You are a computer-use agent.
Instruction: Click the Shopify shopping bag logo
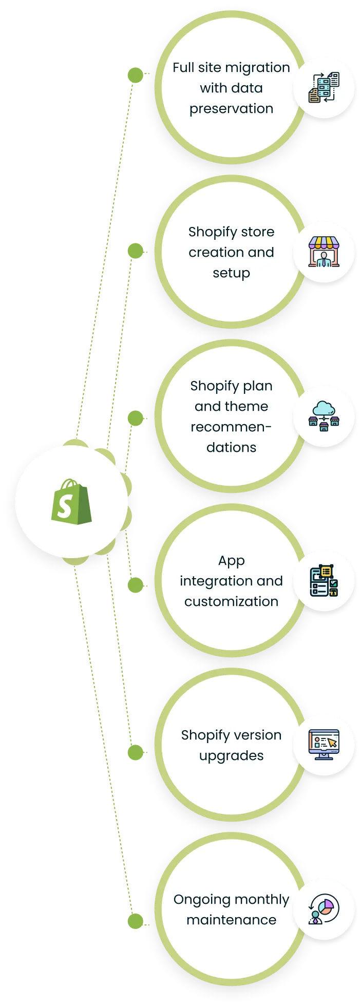coord(71,502)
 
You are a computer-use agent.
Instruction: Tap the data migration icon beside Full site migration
coord(324,87)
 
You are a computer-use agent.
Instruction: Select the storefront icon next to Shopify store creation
coord(324,252)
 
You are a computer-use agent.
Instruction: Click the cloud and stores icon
coord(324,416)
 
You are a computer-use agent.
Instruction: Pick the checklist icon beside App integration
coord(324,580)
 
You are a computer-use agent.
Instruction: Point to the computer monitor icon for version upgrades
coord(324,745)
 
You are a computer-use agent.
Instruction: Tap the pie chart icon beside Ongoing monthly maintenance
coord(324,909)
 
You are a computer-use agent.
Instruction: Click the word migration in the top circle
coord(257,68)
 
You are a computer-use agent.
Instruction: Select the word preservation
coord(231,109)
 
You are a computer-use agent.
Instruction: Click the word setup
coord(231,273)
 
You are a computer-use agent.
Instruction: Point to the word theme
coord(250,407)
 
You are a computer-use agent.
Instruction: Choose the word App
coord(231,561)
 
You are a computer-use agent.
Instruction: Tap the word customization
coord(231,602)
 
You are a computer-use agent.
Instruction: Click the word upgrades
coord(231,756)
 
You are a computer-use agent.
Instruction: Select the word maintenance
coord(231,920)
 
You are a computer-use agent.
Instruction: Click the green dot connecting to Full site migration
coord(136,75)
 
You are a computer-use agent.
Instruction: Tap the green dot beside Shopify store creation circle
coord(136,251)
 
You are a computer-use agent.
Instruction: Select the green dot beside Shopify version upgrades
coord(136,752)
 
